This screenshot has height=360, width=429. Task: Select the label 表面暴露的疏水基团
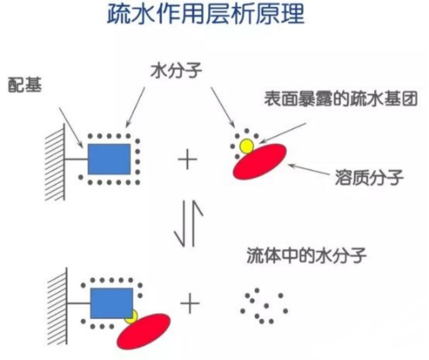tap(341, 100)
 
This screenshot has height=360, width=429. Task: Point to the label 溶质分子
tap(369, 179)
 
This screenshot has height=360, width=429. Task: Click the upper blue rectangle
tap(109, 159)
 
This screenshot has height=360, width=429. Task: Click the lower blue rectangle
tap(111, 303)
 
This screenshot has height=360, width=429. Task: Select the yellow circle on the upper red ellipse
tap(247, 146)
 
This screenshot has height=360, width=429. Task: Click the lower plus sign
tap(190, 304)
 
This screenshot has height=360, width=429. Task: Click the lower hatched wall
tap(57, 306)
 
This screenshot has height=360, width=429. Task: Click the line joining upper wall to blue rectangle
tap(76, 160)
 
